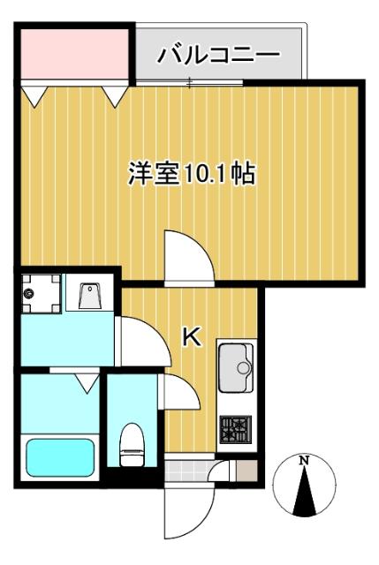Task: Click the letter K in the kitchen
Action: (x=191, y=335)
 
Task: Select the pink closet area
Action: (x=73, y=54)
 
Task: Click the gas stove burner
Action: (x=235, y=431)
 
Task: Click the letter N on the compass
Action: (x=303, y=460)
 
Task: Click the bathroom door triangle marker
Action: (x=86, y=382)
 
